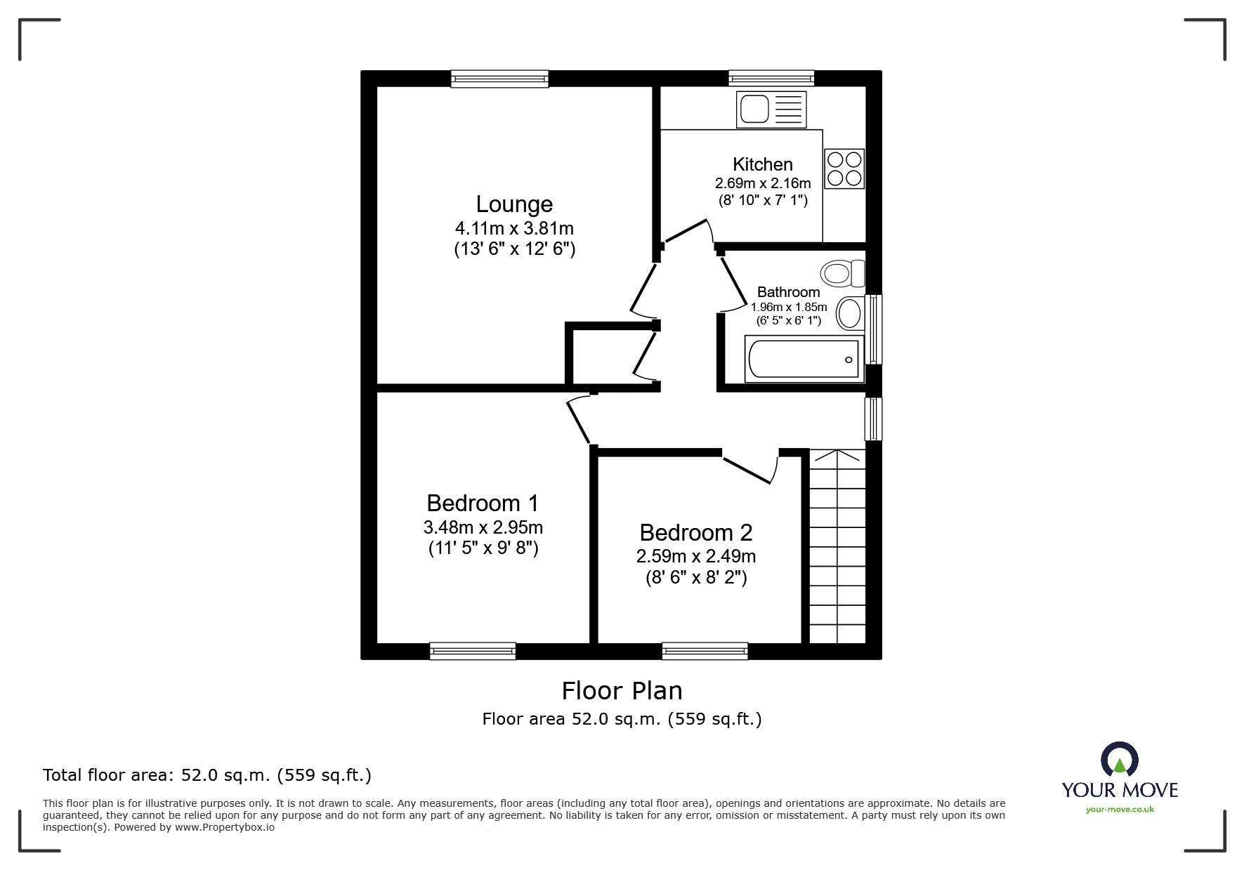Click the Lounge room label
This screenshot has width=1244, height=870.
click(514, 204)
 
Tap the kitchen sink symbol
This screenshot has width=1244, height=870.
click(771, 110)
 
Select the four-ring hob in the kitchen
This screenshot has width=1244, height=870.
click(844, 169)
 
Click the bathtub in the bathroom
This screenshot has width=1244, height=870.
click(804, 359)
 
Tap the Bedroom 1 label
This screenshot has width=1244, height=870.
click(483, 503)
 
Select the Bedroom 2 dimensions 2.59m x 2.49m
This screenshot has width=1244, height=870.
click(695, 557)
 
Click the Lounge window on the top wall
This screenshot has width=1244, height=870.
click(499, 78)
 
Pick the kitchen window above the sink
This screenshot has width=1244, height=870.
click(771, 78)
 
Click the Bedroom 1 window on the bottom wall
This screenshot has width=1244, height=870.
click(472, 651)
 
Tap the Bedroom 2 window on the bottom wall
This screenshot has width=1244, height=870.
click(705, 651)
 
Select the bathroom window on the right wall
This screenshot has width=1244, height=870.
click(873, 329)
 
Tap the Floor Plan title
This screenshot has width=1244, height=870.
click(622, 691)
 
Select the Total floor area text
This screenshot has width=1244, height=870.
click(207, 775)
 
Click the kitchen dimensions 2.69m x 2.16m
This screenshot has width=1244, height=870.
click(762, 183)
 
